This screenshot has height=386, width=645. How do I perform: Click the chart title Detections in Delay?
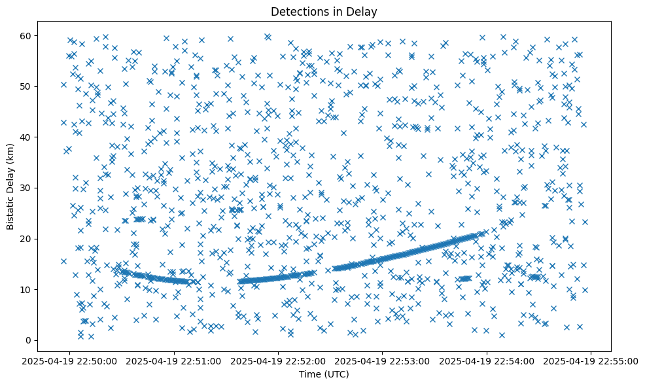click(x=324, y=11)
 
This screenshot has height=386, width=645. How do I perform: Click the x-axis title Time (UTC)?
click(x=324, y=374)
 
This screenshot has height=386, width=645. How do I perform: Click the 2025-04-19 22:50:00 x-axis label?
click(x=71, y=360)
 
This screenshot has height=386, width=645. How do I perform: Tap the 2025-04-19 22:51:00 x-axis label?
click(x=175, y=360)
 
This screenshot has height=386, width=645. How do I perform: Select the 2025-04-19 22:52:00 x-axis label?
click(x=279, y=360)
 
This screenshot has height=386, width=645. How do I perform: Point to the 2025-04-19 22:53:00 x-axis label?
click(x=383, y=360)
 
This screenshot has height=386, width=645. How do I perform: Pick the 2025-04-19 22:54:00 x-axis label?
click(x=487, y=360)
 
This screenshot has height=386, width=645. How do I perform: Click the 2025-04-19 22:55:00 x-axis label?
click(x=591, y=360)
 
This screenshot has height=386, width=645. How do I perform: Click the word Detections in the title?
click(x=298, y=11)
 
